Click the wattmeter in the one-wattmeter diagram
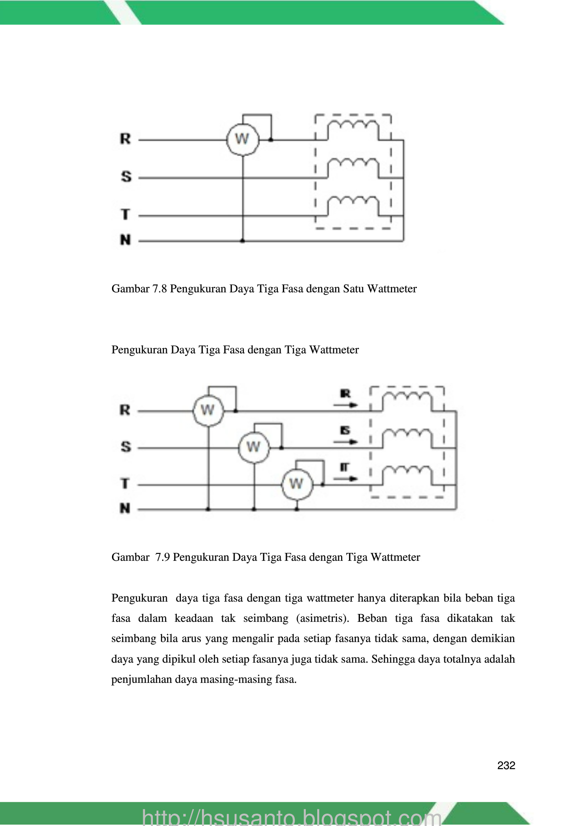[242, 139]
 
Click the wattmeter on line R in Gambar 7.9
[208, 410]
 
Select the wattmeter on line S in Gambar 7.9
[253, 447]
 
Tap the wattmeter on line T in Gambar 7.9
[297, 484]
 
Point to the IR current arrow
[345, 405]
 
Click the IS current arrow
[345, 441]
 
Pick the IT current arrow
[345, 478]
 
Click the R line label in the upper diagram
[125, 139]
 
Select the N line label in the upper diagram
[125, 240]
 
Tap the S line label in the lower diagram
[126, 446]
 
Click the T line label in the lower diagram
[125, 483]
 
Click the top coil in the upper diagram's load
[353, 128]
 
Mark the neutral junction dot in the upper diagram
[242, 240]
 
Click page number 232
[506, 765]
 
